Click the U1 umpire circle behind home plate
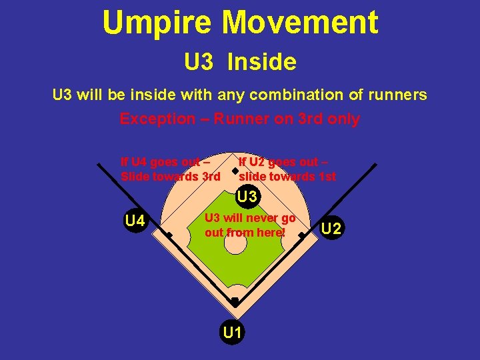(233, 331)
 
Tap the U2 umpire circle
(331, 229)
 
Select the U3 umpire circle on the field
(247, 197)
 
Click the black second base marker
(235, 171)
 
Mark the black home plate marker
(235, 301)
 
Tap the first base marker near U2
(301, 235)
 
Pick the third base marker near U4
(169, 235)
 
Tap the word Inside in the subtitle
(261, 62)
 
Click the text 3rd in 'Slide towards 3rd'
(210, 177)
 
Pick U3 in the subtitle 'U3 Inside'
(199, 62)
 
